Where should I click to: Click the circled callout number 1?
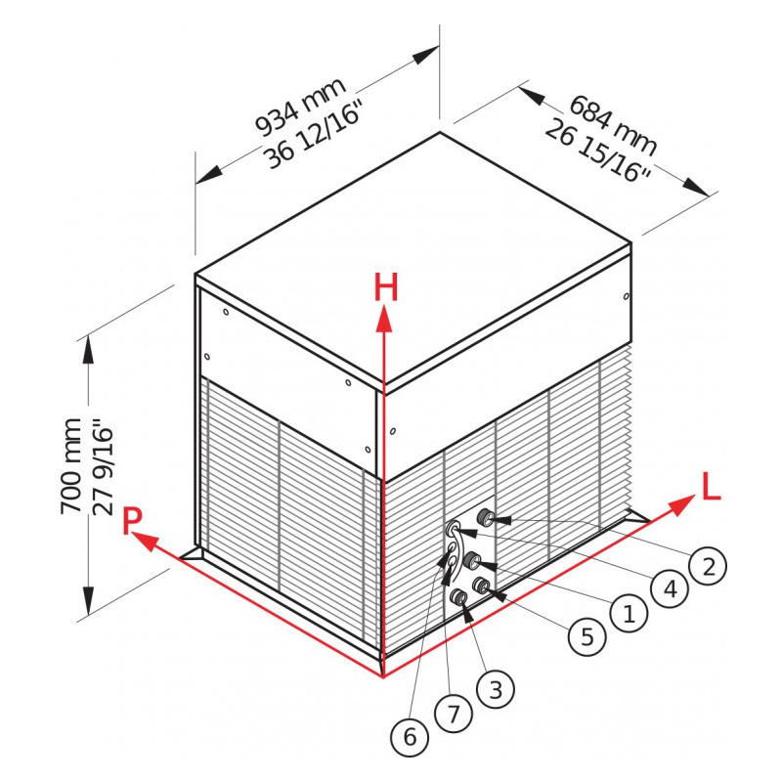coord(630,613)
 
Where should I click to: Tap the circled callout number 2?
coord(708,566)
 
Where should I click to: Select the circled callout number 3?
coord(496,690)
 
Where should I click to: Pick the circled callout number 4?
coord(671,589)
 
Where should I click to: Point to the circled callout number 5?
coord(587,636)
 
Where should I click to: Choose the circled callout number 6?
coord(410,736)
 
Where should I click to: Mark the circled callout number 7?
coord(454,715)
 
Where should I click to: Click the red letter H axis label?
coord(386,288)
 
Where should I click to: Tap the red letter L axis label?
coord(712,486)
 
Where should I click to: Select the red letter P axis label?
coord(132,521)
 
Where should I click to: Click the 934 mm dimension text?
coord(301,107)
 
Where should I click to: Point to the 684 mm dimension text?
coord(613,125)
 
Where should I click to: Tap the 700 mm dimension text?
coord(70,466)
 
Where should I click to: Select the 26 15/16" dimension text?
coord(598,152)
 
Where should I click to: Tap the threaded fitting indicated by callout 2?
coord(483,517)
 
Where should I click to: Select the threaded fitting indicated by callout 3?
coord(457,596)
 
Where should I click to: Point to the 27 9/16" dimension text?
coord(104,466)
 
